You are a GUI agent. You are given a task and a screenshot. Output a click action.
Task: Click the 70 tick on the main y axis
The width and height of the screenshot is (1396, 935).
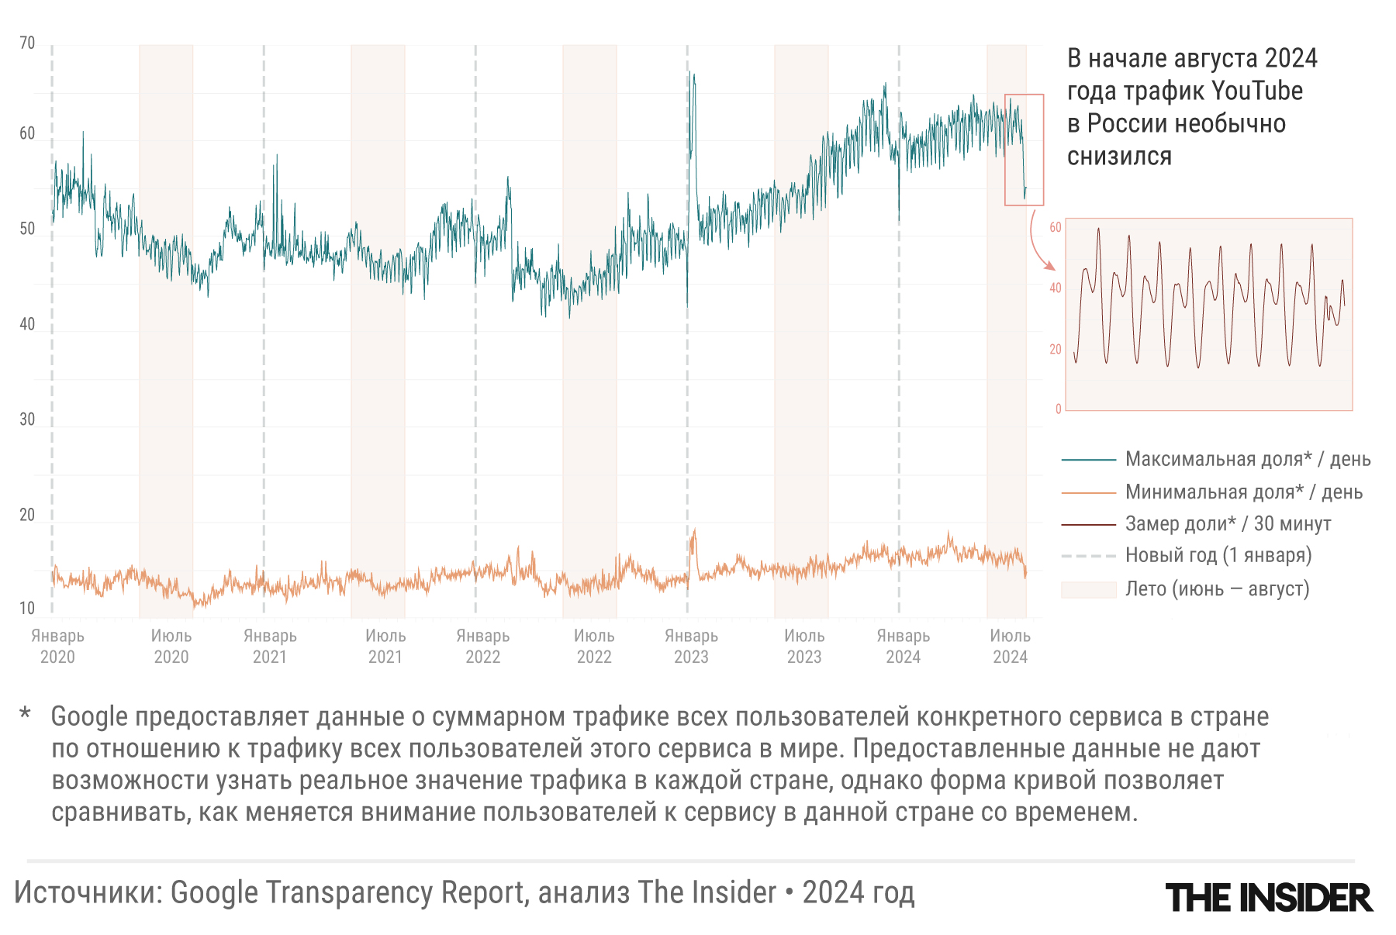click(x=27, y=43)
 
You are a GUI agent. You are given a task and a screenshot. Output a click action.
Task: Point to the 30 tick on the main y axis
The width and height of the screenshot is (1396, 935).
click(x=27, y=419)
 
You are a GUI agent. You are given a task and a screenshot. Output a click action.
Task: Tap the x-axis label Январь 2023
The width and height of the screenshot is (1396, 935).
click(x=691, y=646)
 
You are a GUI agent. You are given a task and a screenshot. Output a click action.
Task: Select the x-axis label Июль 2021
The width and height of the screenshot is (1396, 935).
click(x=385, y=646)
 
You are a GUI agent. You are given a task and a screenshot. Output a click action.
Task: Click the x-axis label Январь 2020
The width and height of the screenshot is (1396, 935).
click(x=57, y=646)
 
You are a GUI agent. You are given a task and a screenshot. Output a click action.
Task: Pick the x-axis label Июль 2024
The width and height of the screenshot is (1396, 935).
click(x=1010, y=646)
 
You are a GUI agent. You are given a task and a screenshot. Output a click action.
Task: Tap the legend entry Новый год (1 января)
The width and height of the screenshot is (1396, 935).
click(x=1218, y=555)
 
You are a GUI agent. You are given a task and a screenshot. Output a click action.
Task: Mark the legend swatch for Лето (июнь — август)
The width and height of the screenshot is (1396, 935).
click(x=1088, y=589)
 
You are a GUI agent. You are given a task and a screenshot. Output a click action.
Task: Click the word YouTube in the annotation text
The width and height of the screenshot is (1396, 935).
click(x=1256, y=91)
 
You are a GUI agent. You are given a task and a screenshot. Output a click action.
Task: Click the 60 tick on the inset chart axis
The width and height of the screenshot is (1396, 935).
click(x=1055, y=227)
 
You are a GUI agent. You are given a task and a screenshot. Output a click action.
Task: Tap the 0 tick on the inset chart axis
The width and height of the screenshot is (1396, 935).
click(x=1058, y=409)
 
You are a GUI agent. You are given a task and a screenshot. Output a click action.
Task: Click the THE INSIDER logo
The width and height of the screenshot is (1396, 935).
click(x=1269, y=898)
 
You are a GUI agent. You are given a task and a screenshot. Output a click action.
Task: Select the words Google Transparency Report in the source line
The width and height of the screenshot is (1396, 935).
click(x=349, y=892)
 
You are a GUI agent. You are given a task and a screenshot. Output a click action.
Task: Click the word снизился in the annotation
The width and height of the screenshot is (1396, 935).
click(x=1119, y=157)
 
